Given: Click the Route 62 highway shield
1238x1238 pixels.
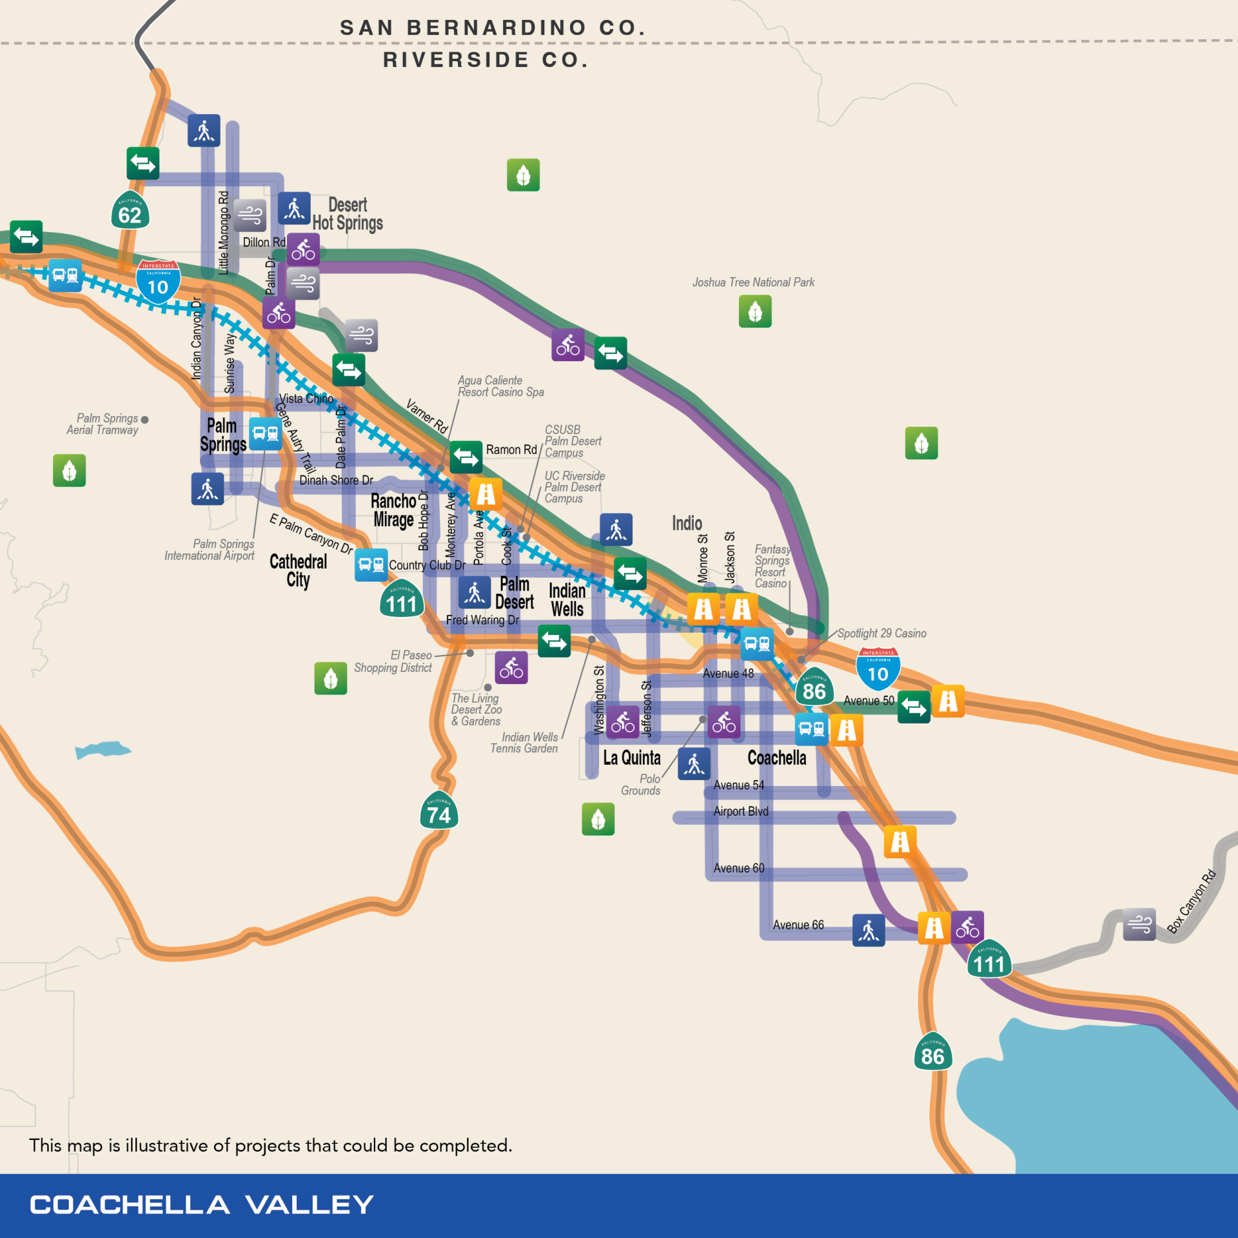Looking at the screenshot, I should click(130, 211).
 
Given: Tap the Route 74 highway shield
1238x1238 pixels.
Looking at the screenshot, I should click(439, 812).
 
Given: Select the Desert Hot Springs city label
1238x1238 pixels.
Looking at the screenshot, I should click(348, 214).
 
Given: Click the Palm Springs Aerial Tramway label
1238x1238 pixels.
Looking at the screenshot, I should click(103, 424).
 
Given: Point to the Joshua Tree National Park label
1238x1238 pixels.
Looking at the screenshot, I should click(753, 282).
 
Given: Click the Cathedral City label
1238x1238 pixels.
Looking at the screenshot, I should click(298, 570).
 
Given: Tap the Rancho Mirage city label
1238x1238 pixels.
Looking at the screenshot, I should click(393, 510).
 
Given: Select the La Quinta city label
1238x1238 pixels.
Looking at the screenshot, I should click(632, 758).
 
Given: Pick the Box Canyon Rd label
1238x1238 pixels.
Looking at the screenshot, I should click(1192, 901).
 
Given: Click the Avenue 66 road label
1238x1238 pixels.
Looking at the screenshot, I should click(798, 925).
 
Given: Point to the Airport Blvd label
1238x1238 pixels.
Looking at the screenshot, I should click(741, 811).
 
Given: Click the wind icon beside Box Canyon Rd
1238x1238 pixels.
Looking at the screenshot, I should click(1139, 924).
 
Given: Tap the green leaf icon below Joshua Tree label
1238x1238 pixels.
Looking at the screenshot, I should click(755, 311).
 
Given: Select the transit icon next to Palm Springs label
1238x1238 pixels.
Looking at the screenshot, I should click(265, 433).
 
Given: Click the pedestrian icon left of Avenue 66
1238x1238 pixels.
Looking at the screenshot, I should click(869, 930).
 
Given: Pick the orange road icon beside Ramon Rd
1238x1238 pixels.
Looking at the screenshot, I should click(486, 494).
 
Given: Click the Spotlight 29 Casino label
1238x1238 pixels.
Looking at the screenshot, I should click(881, 633).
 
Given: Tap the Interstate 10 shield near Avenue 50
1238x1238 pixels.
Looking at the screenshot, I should click(878, 671).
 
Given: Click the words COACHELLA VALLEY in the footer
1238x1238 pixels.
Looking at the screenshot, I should click(202, 1204).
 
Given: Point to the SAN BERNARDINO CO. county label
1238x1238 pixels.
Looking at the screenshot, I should click(493, 28).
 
